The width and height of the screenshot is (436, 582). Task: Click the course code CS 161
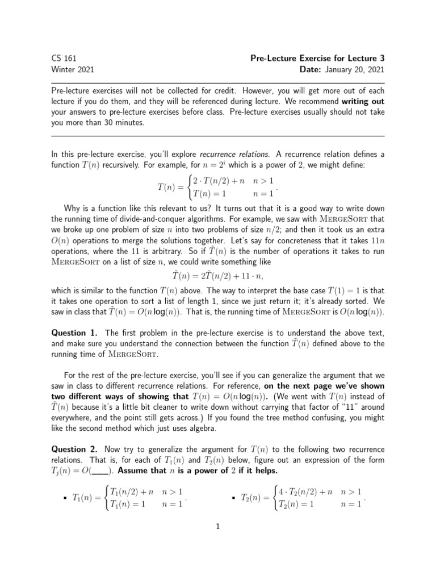64,59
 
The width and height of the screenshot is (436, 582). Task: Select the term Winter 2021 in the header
73,70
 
